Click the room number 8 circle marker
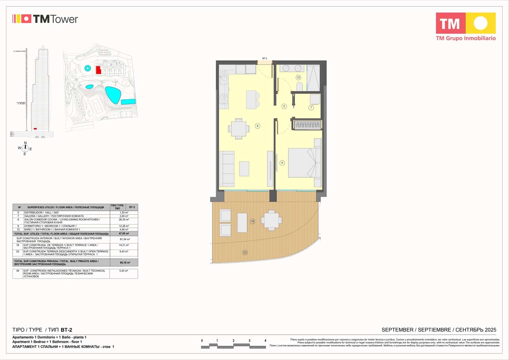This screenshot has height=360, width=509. point(257,126)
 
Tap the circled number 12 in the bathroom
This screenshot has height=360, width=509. point(298,77)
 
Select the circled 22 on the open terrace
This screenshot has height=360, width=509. point(245,252)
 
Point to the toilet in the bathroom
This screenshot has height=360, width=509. point(299,87)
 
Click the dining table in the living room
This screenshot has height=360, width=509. point(239,129)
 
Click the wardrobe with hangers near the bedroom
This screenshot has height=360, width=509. point(307,125)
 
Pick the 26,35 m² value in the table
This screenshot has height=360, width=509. point(124,220)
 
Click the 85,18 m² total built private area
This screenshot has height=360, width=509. point(125,263)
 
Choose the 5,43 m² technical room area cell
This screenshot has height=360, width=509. point(123,271)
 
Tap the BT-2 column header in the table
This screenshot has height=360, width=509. point(132,207)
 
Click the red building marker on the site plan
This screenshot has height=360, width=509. point(99,70)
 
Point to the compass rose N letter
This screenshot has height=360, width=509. point(25,143)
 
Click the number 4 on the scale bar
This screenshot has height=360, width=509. point(265,341)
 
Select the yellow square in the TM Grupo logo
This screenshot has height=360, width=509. point(480,23)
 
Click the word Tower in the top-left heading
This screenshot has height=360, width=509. point(64,19)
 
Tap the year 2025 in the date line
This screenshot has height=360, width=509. point(491,330)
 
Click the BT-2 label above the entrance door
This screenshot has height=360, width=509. point(265,59)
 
